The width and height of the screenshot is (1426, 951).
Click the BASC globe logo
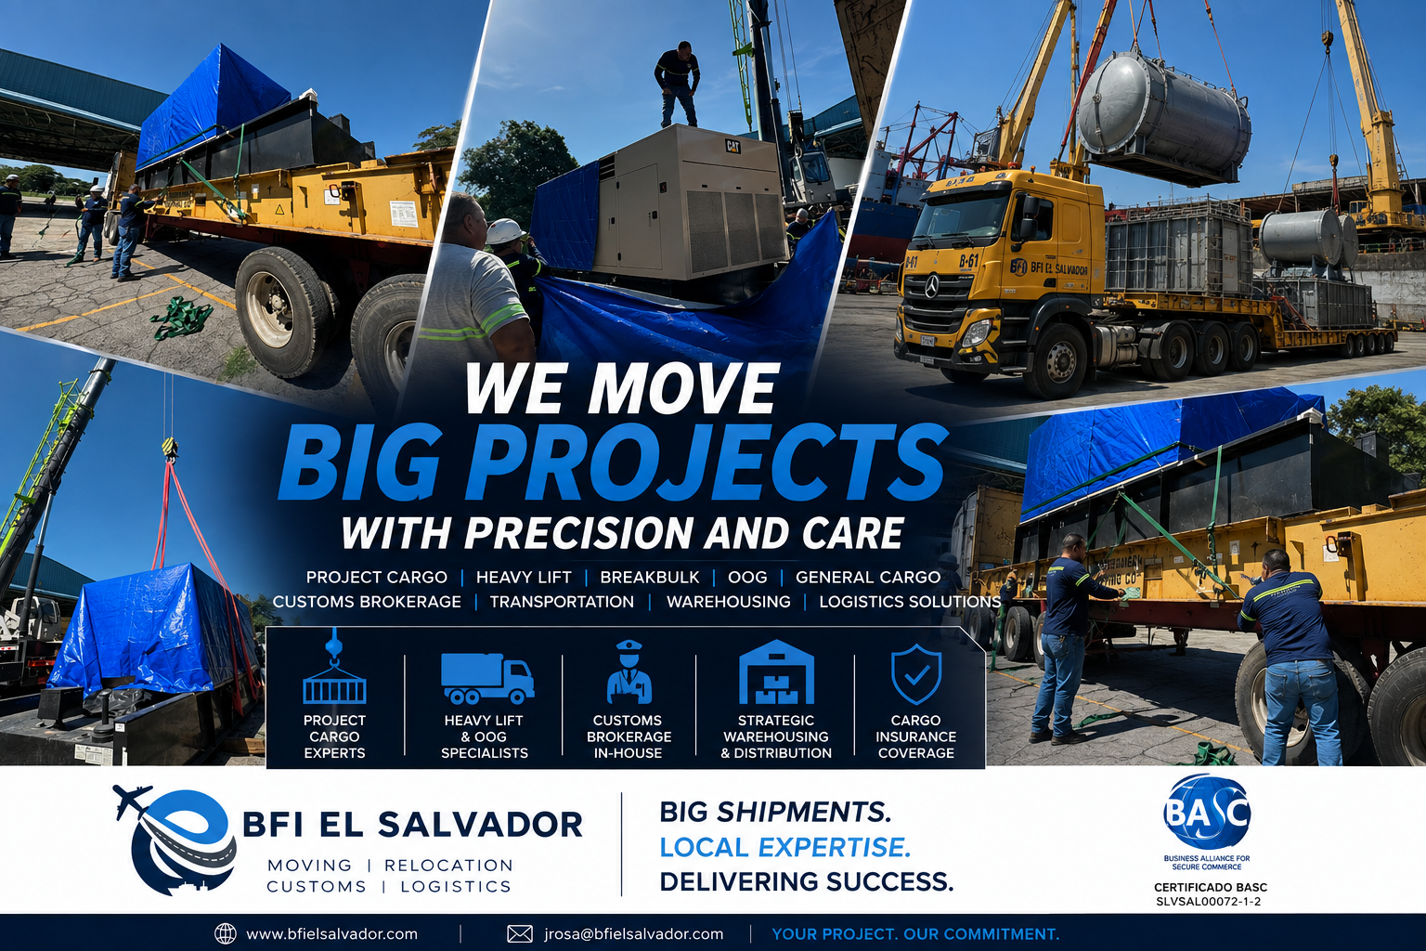(x=1206, y=811)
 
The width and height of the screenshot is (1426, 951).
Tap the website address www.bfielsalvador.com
(x=331, y=933)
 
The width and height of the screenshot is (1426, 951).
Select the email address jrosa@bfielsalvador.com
(x=633, y=933)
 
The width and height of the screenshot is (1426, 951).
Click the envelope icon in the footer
(x=520, y=933)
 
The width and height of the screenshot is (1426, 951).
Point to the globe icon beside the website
(x=226, y=933)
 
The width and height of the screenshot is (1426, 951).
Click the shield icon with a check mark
(x=915, y=673)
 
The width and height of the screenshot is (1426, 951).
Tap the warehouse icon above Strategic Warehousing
(x=776, y=672)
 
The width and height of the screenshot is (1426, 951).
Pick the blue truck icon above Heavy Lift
(x=487, y=678)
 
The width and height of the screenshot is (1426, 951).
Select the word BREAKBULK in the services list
(x=649, y=577)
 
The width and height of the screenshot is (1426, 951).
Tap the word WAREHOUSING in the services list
(x=728, y=601)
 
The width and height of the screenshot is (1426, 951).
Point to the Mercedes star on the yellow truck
(x=931, y=289)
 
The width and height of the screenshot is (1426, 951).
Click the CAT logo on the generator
(x=732, y=146)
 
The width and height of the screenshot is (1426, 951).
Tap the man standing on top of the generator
(x=678, y=85)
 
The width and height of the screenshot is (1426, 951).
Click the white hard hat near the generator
(x=505, y=231)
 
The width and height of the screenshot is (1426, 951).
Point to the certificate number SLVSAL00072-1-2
(x=1208, y=902)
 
